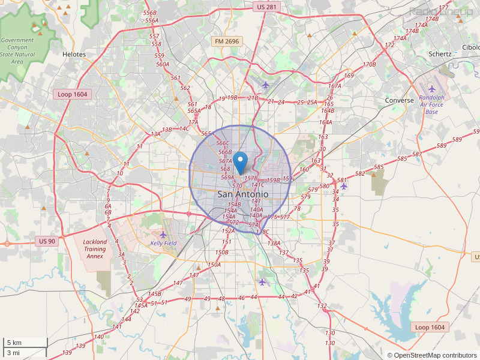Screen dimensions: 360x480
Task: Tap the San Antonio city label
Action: click(x=242, y=194)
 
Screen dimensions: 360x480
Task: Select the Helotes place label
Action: click(x=74, y=54)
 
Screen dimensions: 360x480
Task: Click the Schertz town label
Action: click(x=440, y=53)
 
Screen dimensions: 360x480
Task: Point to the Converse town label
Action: click(x=400, y=100)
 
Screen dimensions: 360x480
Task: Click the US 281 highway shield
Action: click(x=266, y=7)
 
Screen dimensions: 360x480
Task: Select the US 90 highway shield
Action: click(x=47, y=241)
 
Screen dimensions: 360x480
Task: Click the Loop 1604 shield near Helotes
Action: click(x=71, y=94)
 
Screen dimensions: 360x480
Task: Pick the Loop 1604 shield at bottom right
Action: click(x=430, y=327)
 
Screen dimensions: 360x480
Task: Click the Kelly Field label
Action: click(x=163, y=243)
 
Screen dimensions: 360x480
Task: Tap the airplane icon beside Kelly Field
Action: click(x=163, y=234)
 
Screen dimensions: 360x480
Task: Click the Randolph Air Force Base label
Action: click(x=432, y=104)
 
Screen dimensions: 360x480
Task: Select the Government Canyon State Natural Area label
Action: click(x=17, y=50)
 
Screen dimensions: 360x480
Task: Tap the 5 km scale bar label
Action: click(x=14, y=343)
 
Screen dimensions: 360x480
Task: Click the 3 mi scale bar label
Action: click(x=13, y=353)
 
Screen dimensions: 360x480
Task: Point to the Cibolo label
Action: click(x=470, y=47)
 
